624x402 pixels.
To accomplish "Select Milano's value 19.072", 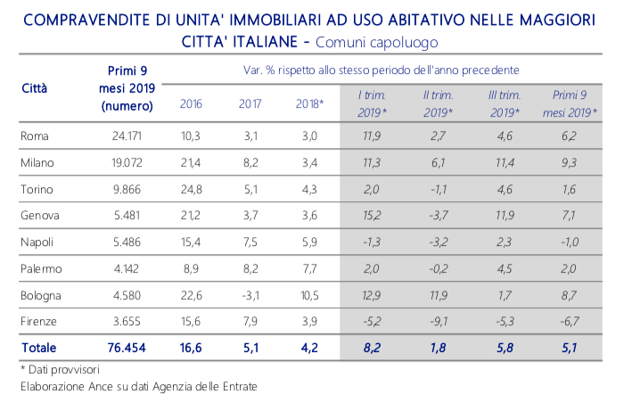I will [x=130, y=163].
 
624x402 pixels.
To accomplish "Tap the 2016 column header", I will [x=191, y=104].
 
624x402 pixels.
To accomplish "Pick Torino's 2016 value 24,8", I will [x=191, y=190].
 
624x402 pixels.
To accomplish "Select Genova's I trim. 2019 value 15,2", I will [x=372, y=216].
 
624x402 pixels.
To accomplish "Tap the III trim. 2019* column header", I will [x=505, y=103].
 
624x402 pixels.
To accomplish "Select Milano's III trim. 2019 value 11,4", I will [x=505, y=163].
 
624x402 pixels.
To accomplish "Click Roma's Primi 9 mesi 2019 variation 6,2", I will [x=571, y=136].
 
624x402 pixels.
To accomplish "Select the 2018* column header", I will [x=309, y=104].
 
